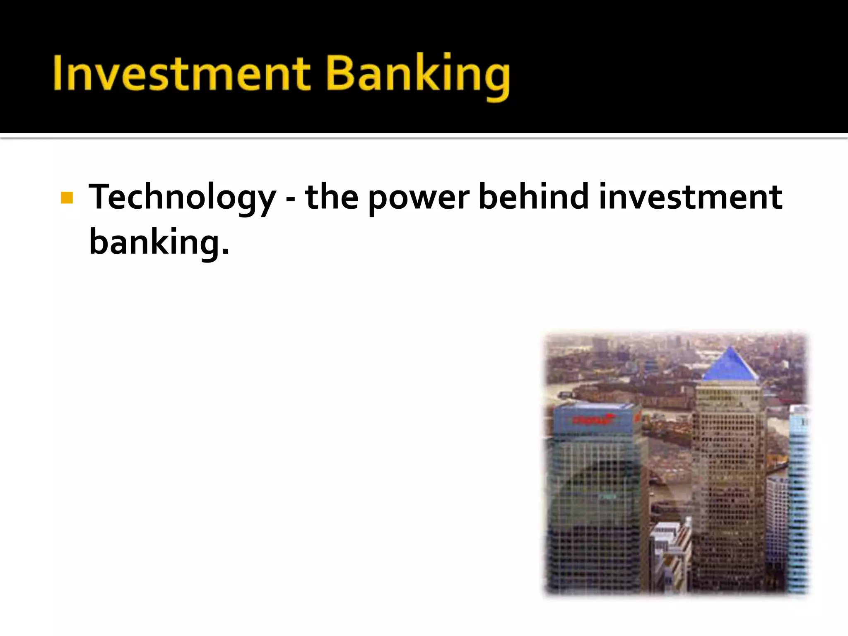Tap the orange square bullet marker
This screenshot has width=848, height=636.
pos(67,198)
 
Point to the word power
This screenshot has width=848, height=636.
pos(419,198)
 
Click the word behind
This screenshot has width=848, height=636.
pos(534,196)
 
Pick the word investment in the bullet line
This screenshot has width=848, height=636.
pos(690,197)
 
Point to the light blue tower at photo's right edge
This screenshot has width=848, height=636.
pos(798,497)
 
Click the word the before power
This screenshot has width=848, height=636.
pos(332,197)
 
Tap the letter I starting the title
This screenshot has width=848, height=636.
pos(58,73)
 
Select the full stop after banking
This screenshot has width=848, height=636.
pos(225,250)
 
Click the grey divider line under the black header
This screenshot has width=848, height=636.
pos(424,136)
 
